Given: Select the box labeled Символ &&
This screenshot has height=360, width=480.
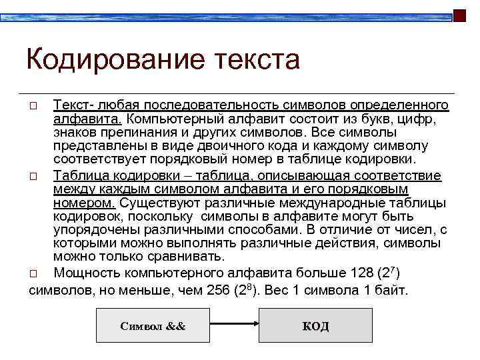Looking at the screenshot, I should [153, 326].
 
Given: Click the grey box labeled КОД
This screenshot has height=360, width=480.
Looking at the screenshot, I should [315, 326].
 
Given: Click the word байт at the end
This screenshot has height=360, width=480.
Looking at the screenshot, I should [389, 291].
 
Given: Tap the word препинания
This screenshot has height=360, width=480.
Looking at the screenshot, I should [132, 133].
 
